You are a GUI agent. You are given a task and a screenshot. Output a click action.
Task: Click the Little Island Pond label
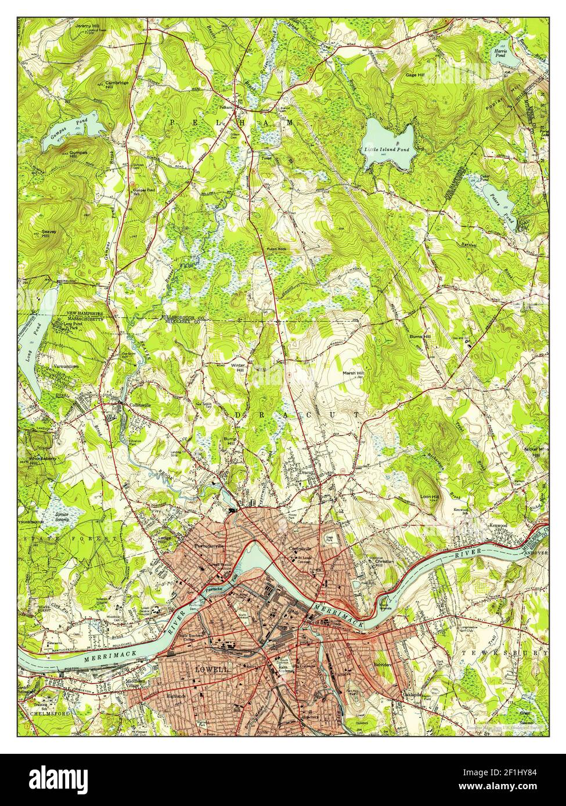pos(387,150)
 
